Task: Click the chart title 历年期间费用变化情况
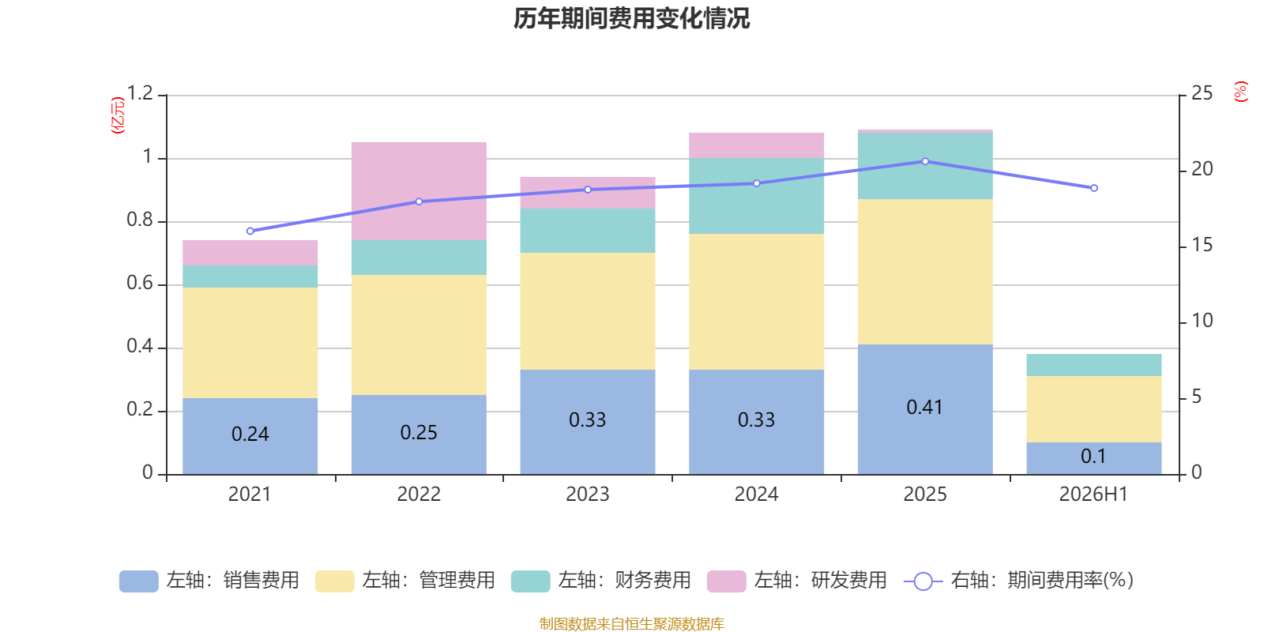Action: pyautogui.click(x=631, y=19)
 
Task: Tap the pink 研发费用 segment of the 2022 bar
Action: pyautogui.click(x=419, y=191)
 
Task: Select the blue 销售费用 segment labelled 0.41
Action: pyautogui.click(x=925, y=409)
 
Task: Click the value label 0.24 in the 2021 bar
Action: pyautogui.click(x=250, y=434)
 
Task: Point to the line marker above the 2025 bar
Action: pyautogui.click(x=925, y=161)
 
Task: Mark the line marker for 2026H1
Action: pyautogui.click(x=1094, y=188)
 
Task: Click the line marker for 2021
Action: pyautogui.click(x=250, y=231)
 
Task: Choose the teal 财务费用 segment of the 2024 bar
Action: pyautogui.click(x=756, y=196)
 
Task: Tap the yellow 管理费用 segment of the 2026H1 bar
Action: pyautogui.click(x=1093, y=409)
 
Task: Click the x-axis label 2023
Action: pyautogui.click(x=588, y=495)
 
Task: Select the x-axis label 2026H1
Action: pyautogui.click(x=1093, y=495)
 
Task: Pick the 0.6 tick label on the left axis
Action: pyautogui.click(x=140, y=283)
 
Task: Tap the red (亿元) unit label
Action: pyautogui.click(x=118, y=115)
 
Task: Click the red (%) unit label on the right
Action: pyautogui.click(x=1241, y=92)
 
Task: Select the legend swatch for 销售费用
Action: pyautogui.click(x=139, y=581)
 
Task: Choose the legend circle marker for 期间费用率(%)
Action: pyautogui.click(x=924, y=581)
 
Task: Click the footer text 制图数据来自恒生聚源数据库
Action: pyautogui.click(x=631, y=623)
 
